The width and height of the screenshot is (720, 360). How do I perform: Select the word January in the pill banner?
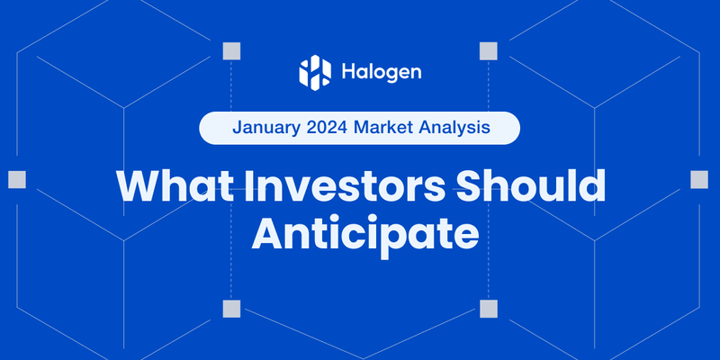click(267, 128)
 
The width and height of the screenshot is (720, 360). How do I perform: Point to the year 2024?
click(328, 128)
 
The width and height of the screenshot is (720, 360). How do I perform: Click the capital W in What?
click(137, 185)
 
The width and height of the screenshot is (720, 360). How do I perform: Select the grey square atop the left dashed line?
click(231, 49)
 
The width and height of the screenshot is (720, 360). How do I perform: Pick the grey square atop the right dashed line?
click(489, 49)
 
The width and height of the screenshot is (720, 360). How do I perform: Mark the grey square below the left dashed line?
click(231, 309)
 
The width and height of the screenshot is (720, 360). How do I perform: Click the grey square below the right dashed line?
click(489, 309)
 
